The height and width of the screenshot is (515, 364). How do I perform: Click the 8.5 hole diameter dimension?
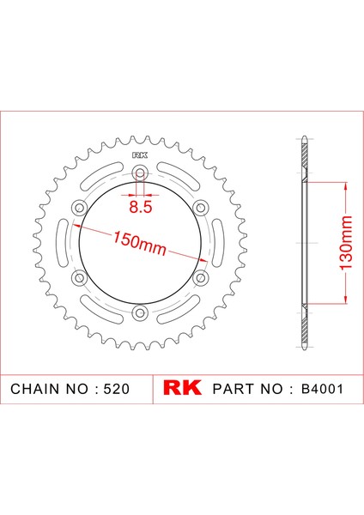pos(140,207)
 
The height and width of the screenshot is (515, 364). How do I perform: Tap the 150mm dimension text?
pos(140,244)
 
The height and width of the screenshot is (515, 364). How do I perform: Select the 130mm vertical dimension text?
pos(346,243)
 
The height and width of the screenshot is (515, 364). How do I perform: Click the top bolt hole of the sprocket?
pos(140,173)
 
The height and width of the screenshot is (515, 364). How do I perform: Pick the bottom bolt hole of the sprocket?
pos(140,312)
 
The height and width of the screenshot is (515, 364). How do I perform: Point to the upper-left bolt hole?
pos(79,208)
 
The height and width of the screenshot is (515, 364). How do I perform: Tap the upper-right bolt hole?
pos(201,208)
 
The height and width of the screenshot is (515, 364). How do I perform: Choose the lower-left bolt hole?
pos(79,278)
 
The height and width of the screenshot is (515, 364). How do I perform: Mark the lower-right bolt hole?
pos(201,278)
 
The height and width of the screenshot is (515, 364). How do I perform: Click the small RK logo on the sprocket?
pos(140,155)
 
